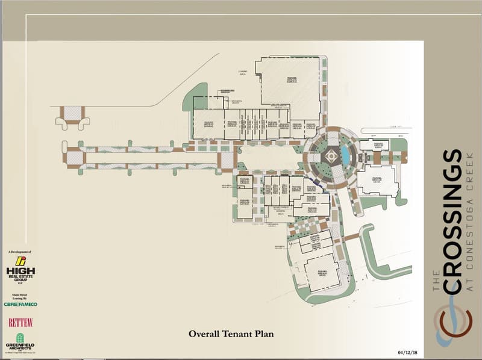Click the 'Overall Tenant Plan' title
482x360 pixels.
231,333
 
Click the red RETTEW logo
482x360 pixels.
20,322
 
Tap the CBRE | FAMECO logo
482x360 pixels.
20,304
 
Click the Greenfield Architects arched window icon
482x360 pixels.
20,337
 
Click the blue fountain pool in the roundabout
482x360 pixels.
345,155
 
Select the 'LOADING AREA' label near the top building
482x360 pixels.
243,73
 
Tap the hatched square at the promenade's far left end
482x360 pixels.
73,157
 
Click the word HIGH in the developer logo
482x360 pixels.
20,272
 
